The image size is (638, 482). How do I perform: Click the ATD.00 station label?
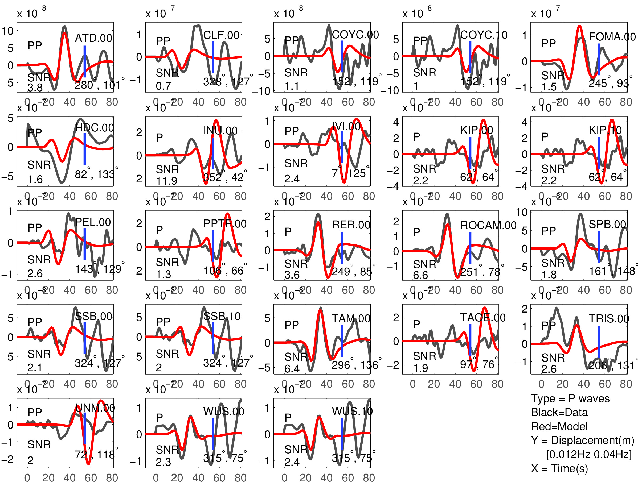point(93,38)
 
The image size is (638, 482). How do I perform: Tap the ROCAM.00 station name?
point(488,225)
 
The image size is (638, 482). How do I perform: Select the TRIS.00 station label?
point(609,319)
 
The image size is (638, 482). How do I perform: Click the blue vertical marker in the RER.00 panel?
point(341,248)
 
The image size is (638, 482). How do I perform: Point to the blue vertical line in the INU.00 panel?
point(213,153)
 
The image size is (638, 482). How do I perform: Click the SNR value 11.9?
point(166,181)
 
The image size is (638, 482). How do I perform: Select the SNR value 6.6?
point(420,275)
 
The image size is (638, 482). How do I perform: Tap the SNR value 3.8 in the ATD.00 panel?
point(35,88)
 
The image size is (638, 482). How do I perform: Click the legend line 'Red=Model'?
point(559,426)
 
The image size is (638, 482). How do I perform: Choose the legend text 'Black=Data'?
point(559,413)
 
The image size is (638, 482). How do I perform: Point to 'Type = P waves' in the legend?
point(570,399)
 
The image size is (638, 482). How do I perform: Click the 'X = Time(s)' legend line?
point(559,468)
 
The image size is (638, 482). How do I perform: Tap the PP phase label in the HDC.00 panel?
point(35,133)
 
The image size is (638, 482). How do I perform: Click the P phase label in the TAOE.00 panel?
point(416,325)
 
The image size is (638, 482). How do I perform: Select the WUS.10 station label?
point(352,412)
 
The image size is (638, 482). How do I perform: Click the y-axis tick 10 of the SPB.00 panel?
point(521,213)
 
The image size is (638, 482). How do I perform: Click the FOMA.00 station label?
point(612,37)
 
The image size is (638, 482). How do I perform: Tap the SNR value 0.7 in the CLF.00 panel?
point(163,86)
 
